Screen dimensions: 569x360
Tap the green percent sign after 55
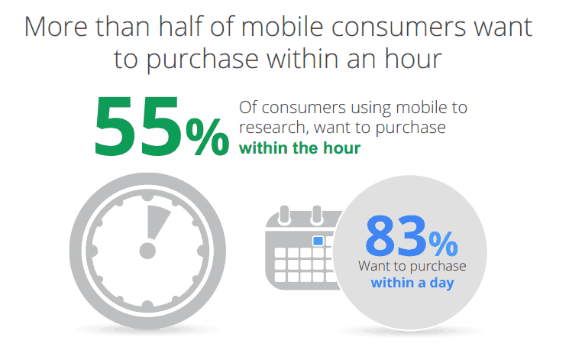(x=207, y=137)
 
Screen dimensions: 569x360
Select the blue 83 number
(x=396, y=235)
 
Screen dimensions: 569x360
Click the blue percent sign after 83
(x=443, y=244)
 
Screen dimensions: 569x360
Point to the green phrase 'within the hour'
(x=299, y=148)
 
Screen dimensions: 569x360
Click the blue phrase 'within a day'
(x=412, y=283)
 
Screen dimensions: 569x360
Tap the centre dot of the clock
(x=147, y=251)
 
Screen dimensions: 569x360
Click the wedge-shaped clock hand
(x=157, y=222)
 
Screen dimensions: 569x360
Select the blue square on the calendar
(x=318, y=241)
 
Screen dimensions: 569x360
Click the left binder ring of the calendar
(x=284, y=215)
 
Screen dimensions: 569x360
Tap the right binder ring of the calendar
(x=317, y=215)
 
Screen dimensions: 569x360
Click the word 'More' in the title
(x=56, y=27)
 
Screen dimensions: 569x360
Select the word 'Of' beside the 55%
(x=248, y=108)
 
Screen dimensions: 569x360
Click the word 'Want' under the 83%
(x=373, y=266)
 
